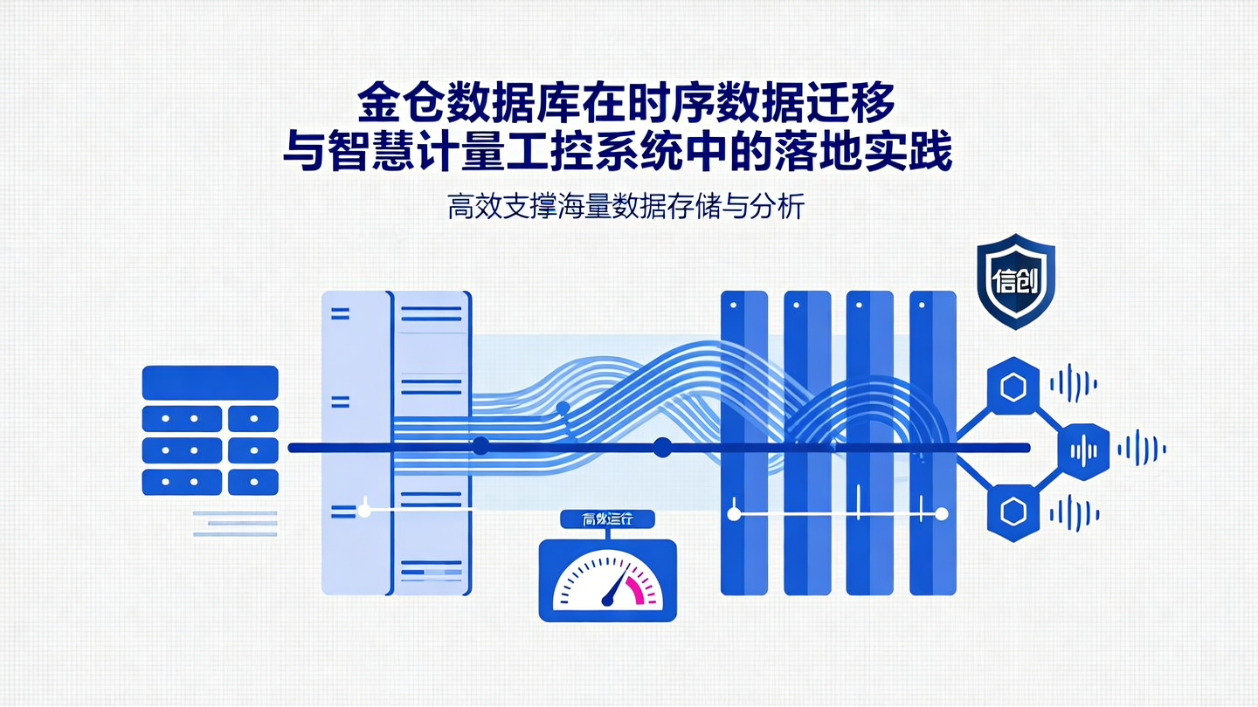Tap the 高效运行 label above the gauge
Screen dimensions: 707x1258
pyautogui.click(x=607, y=519)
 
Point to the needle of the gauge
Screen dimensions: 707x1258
pyautogui.click(x=617, y=587)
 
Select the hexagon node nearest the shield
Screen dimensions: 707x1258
pyautogui.click(x=1013, y=387)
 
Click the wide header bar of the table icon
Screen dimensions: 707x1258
pyautogui.click(x=210, y=382)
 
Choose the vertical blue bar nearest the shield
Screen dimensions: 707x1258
pyautogui.click(x=932, y=443)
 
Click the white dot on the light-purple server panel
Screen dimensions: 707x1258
pyautogui.click(x=364, y=511)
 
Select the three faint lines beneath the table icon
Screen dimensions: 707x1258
pyautogui.click(x=235, y=523)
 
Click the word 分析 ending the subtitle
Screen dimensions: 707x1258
pyautogui.click(x=781, y=209)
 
